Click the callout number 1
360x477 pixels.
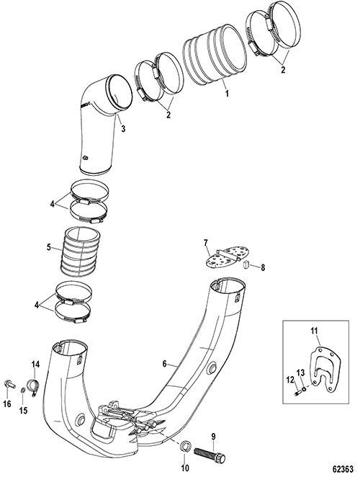click(x=227, y=93)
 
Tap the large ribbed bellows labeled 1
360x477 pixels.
click(x=215, y=55)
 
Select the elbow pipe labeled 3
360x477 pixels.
click(x=102, y=125)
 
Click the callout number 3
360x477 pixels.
click(x=123, y=129)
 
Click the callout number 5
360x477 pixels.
click(x=49, y=246)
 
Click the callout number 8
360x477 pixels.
click(x=263, y=267)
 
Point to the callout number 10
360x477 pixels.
click(x=185, y=468)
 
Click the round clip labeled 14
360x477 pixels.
click(x=34, y=386)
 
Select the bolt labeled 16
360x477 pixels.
click(x=9, y=385)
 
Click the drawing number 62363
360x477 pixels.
click(x=343, y=468)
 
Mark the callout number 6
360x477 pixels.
click(x=165, y=364)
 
